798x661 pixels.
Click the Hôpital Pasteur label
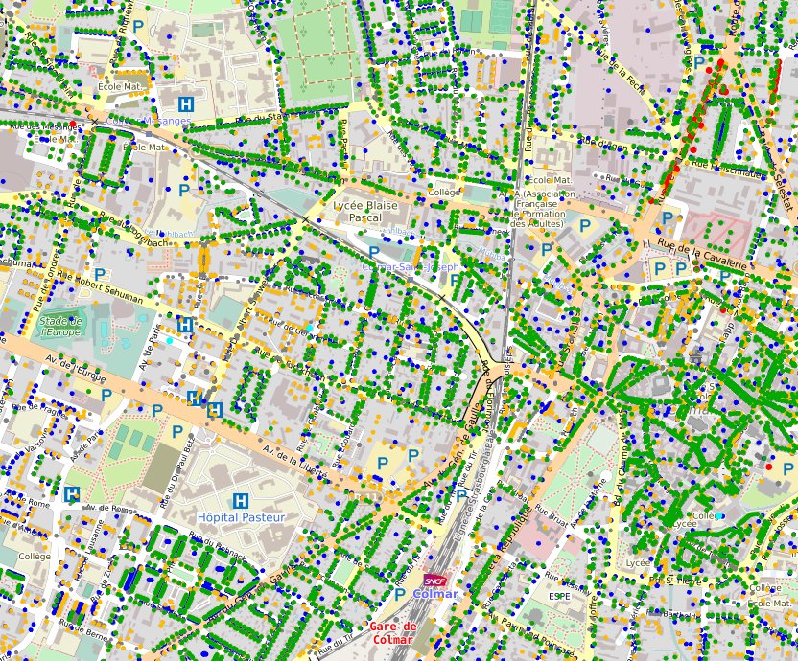pos(241,517)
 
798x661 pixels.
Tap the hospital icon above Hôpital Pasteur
pos(241,500)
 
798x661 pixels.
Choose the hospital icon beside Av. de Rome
pos(71,494)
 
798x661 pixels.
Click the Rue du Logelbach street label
pos(139,231)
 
